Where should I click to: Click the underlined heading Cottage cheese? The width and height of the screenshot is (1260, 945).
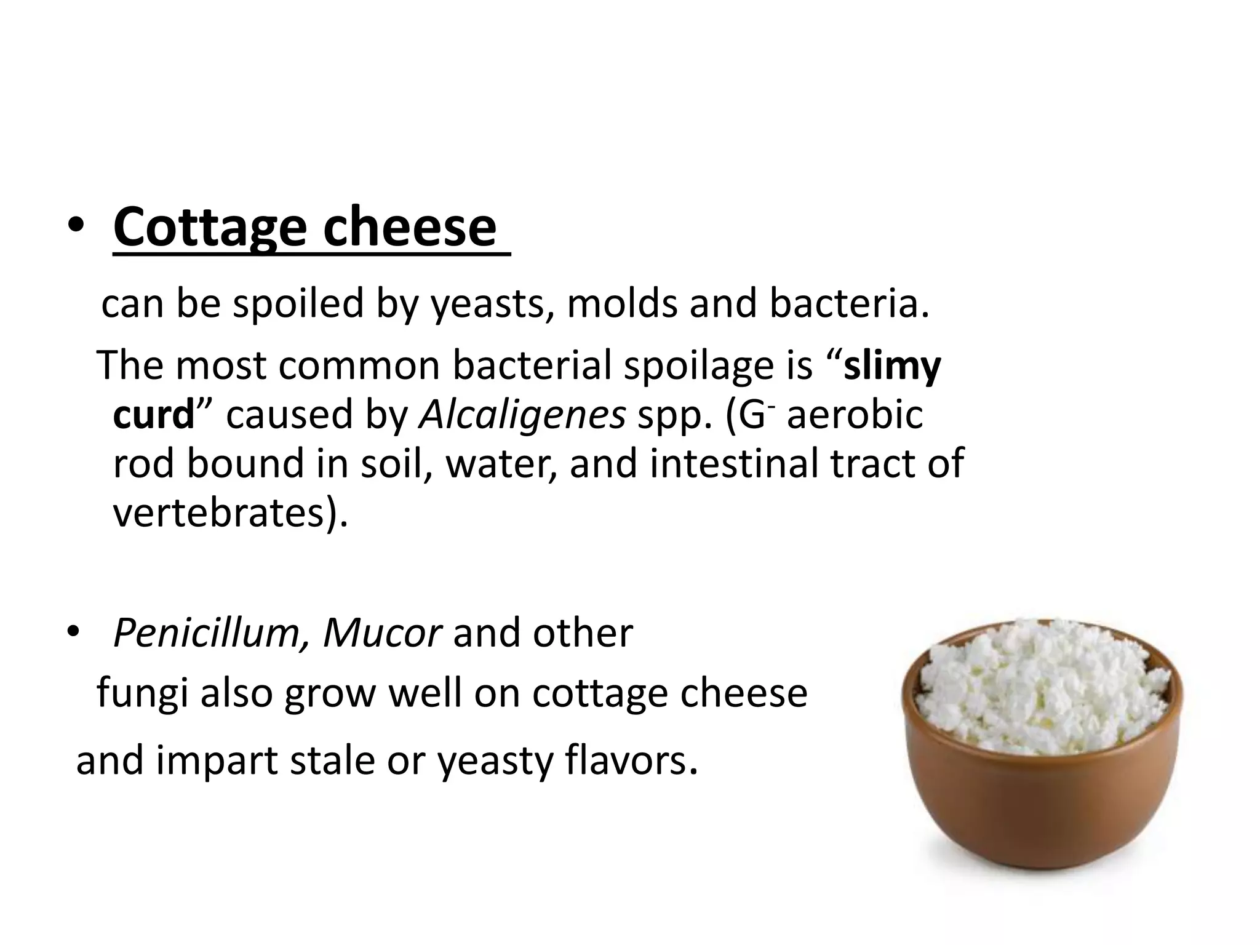click(305, 228)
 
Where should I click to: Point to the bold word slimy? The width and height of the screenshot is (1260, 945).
click(891, 367)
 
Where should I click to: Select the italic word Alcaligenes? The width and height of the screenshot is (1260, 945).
click(522, 416)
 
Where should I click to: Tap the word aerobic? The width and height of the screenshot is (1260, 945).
click(855, 415)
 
